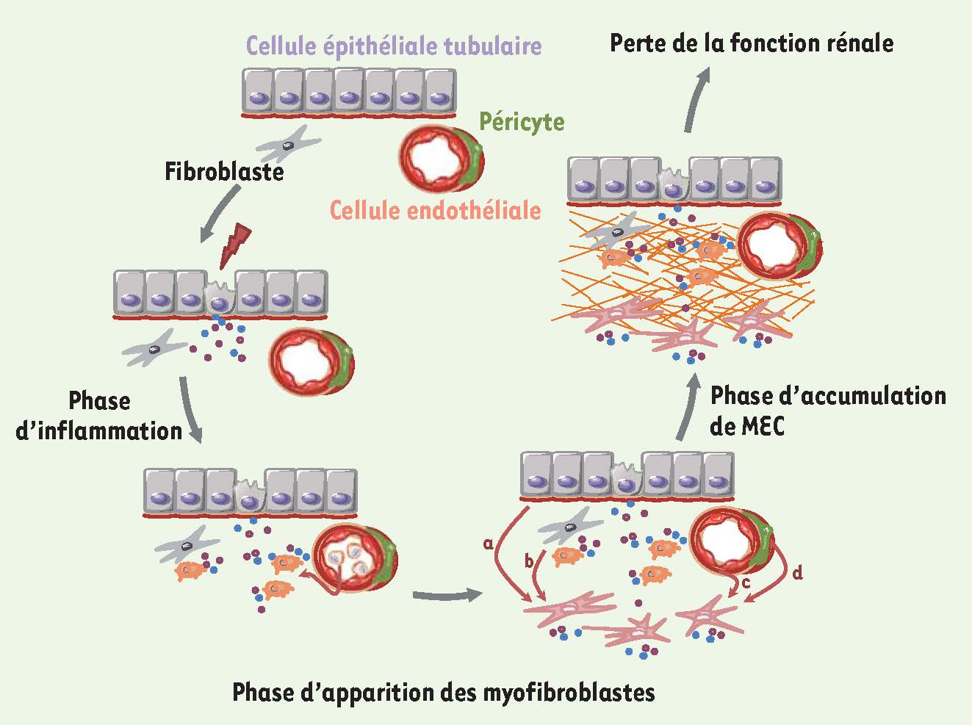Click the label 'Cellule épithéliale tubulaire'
pos(394,46)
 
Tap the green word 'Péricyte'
pos(522,120)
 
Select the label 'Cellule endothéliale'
pos(435,211)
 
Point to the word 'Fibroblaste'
pos(224,172)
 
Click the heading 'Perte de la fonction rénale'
pos(752,43)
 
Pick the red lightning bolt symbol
pos(235,245)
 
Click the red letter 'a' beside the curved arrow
pos(488,544)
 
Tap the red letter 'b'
pos(528,562)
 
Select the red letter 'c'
pos(745,584)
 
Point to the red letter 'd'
pos(798,572)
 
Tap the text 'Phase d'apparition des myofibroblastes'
pos(443,692)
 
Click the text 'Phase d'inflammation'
pos(99,416)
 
